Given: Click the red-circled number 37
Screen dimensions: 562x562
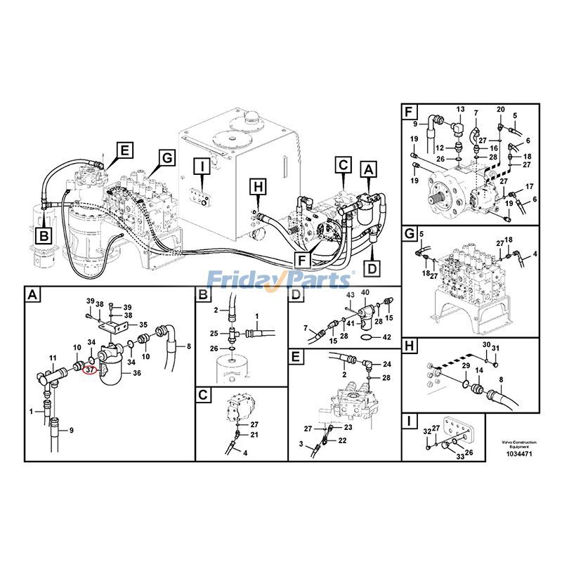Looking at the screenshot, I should (90, 367).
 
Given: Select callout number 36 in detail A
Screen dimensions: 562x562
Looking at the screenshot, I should (136, 374).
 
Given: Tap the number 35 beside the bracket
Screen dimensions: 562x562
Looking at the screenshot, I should (143, 325).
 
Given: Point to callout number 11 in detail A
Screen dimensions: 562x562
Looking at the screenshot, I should (51, 358).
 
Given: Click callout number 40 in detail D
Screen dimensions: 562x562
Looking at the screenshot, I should (365, 292).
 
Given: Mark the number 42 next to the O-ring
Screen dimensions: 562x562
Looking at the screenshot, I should (386, 337).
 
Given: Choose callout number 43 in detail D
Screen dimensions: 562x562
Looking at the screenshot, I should (350, 293).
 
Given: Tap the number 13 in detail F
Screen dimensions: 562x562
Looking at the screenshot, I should (460, 110).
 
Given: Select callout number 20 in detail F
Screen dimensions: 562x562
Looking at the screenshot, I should (500, 110).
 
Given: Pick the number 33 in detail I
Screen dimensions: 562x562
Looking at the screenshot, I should (461, 457).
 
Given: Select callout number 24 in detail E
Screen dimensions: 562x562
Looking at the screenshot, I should (386, 364).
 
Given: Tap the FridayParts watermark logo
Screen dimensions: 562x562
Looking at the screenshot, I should (280, 280).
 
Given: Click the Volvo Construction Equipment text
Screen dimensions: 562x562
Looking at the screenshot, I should (518, 444).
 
